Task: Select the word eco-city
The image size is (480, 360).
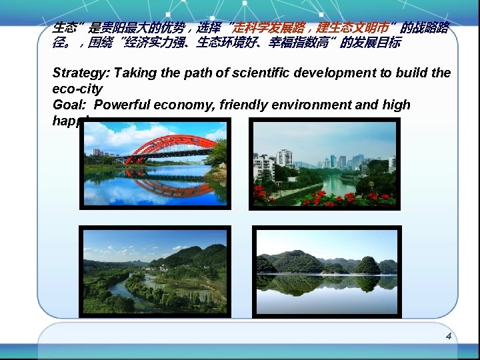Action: coord(77,89)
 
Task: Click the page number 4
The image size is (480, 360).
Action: coord(449,336)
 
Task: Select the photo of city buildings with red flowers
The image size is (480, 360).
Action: coord(325,164)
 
